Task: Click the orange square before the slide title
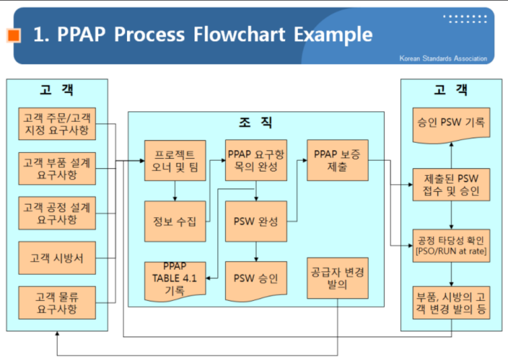[x=14, y=36]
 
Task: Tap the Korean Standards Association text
[x=443, y=58]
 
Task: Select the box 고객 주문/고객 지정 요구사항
[x=57, y=124]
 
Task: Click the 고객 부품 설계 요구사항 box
[x=57, y=168]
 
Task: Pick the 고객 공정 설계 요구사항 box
[x=57, y=213]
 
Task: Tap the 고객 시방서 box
[x=57, y=258]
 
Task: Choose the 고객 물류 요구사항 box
[x=57, y=302]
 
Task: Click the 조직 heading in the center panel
[x=255, y=123]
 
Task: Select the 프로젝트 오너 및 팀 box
[x=175, y=160]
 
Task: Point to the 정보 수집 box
[x=175, y=222]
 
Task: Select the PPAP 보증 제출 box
[x=337, y=160]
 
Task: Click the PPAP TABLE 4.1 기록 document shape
[x=175, y=279]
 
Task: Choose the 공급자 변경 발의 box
[x=337, y=277]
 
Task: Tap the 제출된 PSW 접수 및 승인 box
[x=451, y=184]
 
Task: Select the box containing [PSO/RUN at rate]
[x=451, y=246]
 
